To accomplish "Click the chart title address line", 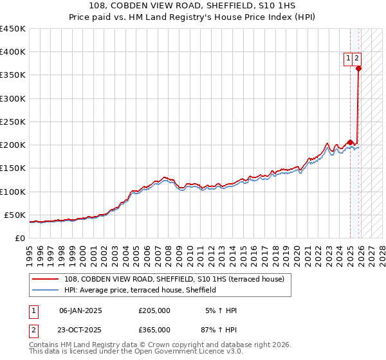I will tap(193, 6).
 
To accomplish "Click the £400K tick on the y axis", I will tap(13, 52).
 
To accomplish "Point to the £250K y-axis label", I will tap(13, 122).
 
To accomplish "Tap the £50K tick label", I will tap(15, 215).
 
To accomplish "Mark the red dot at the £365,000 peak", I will tap(358, 68).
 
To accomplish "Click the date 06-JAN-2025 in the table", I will tap(80, 310).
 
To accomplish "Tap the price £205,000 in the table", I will tap(154, 310).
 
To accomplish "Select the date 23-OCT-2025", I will tap(80, 329).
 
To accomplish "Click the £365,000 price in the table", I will tap(154, 329).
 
